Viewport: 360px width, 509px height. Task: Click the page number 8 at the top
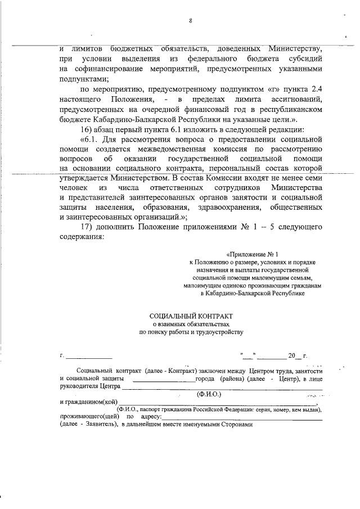coord(191,21)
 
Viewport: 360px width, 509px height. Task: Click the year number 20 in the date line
coord(291,356)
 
